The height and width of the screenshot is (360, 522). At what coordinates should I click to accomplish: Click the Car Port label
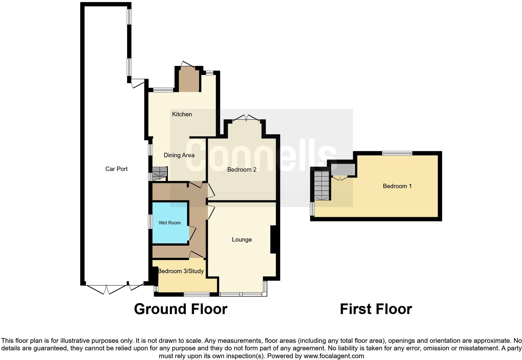point(116,169)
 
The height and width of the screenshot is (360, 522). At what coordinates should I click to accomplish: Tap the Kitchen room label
point(182,114)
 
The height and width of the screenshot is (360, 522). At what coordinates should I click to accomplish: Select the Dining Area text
point(179,155)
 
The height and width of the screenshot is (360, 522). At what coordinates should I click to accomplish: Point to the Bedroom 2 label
point(242,169)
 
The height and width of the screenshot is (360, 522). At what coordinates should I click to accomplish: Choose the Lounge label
point(242,239)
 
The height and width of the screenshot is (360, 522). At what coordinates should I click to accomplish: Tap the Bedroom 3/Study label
point(181,271)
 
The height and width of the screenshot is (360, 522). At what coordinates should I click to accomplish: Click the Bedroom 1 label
point(397,186)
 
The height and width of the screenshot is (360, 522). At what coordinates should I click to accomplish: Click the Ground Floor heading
point(180,309)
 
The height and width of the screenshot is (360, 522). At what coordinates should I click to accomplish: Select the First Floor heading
point(376,309)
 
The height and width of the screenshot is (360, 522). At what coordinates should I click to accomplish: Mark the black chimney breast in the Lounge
point(273,239)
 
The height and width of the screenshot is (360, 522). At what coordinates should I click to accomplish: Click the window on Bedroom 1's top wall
point(397,153)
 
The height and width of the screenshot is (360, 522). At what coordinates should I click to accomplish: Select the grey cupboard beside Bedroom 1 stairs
point(343,170)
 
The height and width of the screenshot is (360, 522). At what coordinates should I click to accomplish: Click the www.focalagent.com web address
point(334,356)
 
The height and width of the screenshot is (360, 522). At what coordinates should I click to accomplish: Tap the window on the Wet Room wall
point(150,222)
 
